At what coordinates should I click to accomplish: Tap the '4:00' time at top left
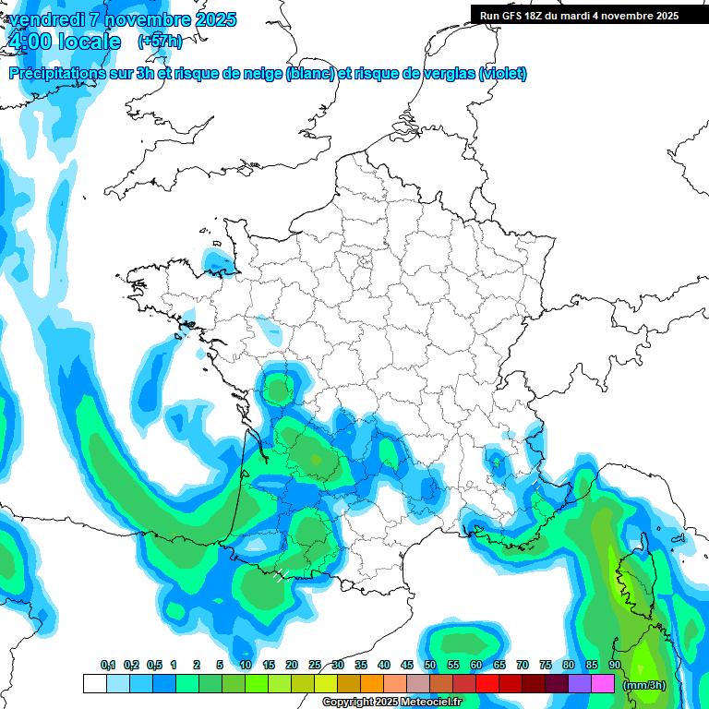click(x=29, y=42)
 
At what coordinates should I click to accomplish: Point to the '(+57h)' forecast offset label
click(x=160, y=42)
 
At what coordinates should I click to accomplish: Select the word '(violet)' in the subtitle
click(x=502, y=74)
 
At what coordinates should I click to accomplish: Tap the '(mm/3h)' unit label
click(x=644, y=684)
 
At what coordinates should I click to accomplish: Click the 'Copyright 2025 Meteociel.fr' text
click(x=392, y=702)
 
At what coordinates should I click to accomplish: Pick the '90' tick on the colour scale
click(x=614, y=666)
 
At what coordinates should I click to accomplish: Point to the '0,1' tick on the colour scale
click(x=108, y=666)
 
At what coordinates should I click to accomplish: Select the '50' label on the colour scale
click(x=430, y=666)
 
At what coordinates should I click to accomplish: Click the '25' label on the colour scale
click(x=315, y=666)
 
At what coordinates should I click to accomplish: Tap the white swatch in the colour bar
click(x=94, y=683)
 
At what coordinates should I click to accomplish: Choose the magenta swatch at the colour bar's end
click(x=603, y=683)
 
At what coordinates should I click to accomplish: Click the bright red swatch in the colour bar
click(x=487, y=683)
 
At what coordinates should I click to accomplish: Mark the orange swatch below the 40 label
click(x=372, y=683)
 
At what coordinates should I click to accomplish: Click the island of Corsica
click(x=638, y=577)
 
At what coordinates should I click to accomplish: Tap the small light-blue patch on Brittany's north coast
click(x=219, y=260)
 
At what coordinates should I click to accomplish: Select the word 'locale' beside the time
click(x=89, y=42)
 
